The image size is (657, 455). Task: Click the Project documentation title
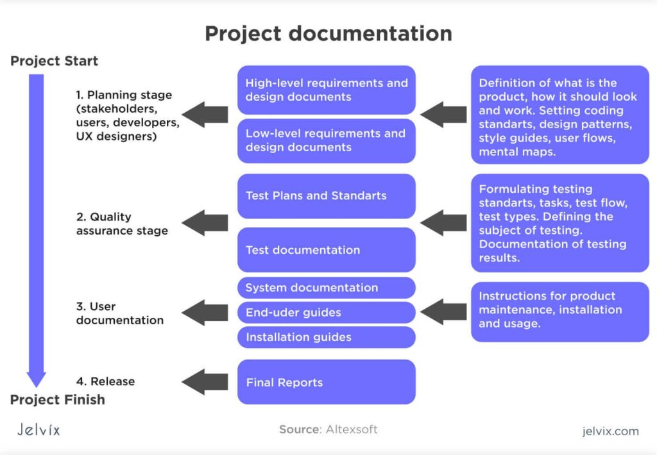tap(328, 33)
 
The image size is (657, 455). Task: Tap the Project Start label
tap(54, 62)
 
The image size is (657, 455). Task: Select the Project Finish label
tap(57, 400)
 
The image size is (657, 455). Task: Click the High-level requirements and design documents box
tap(326, 90)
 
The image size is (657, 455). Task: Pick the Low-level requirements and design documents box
tap(326, 140)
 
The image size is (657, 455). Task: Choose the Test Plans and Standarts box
tap(326, 196)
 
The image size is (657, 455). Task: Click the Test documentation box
tap(326, 250)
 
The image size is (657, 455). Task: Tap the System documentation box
tap(326, 288)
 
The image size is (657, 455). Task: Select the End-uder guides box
tap(326, 313)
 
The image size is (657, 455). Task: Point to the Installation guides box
tap(326, 337)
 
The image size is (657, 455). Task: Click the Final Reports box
tap(326, 383)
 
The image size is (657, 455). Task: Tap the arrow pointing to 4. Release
tap(205, 382)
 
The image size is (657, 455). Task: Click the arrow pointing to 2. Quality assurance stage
tap(205, 223)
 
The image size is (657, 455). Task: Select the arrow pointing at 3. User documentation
tap(205, 313)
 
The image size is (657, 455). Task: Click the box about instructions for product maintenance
tap(559, 311)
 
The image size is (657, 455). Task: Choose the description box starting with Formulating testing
tap(559, 223)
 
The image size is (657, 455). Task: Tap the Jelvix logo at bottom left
tap(38, 430)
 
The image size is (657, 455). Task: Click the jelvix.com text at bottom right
tap(610, 431)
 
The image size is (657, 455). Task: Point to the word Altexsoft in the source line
tap(352, 429)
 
